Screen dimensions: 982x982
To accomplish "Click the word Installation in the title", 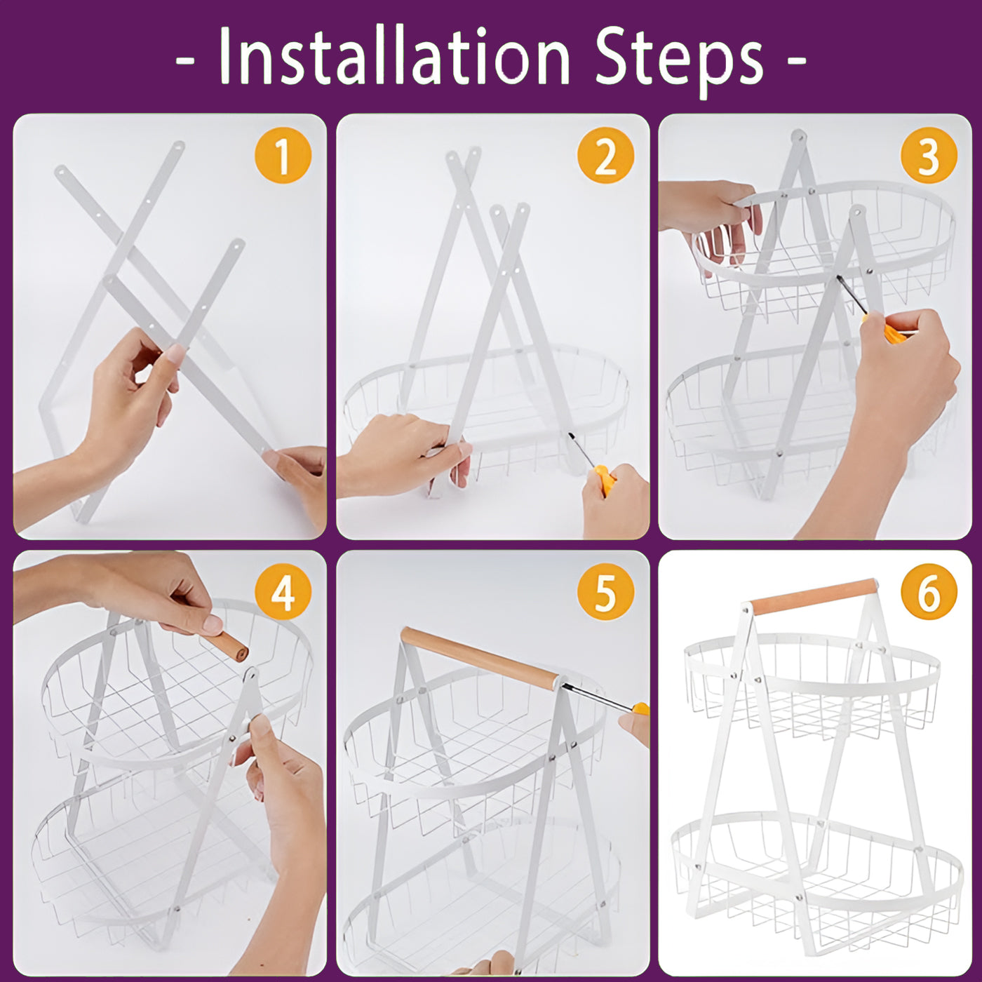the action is point(394,56).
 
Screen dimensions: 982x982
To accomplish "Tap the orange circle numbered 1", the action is point(283,155).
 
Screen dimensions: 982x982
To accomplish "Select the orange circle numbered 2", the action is point(605,155).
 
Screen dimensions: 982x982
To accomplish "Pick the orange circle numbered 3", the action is point(929,155).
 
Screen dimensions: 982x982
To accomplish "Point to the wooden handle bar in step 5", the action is point(479,658).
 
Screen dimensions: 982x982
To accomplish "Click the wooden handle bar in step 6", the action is point(814,596).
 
